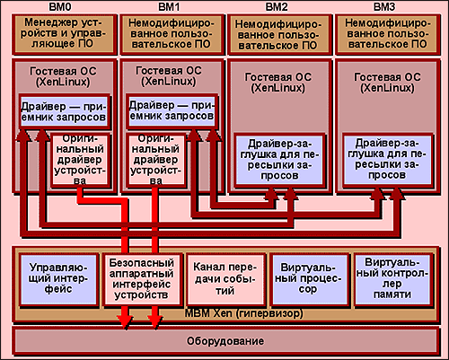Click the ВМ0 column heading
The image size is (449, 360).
(x=60, y=6)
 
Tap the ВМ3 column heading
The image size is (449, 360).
(x=384, y=6)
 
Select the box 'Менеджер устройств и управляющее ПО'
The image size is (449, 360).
(x=64, y=34)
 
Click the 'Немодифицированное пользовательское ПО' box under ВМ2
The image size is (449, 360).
(x=279, y=34)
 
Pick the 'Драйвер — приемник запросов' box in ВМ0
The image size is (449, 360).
(x=64, y=111)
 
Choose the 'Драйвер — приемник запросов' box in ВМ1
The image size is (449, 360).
(x=172, y=111)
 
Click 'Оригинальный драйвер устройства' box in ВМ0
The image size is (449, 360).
(x=80, y=161)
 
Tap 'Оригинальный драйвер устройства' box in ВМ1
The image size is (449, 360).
(x=155, y=161)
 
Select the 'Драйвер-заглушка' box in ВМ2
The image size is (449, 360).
(x=279, y=161)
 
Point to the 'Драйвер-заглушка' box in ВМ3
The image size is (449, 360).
(x=387, y=161)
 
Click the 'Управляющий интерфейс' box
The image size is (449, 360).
(x=58, y=279)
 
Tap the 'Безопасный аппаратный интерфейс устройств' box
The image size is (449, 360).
(x=142, y=279)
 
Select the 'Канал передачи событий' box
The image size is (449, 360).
(x=225, y=279)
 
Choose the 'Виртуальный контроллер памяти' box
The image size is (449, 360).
(x=393, y=279)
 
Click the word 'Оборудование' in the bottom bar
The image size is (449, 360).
(x=225, y=341)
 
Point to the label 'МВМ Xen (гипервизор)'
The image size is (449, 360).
(x=243, y=313)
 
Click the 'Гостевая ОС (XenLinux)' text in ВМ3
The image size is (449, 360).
(x=387, y=83)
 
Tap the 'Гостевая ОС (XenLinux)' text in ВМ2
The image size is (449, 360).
(x=278, y=83)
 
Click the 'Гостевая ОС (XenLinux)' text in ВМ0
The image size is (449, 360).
(x=63, y=76)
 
